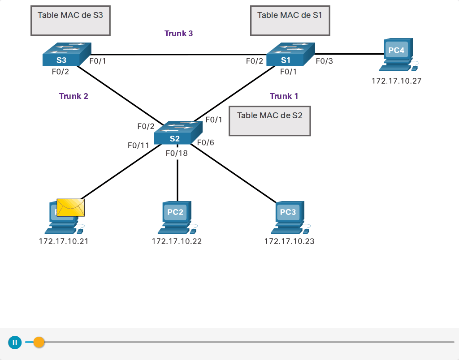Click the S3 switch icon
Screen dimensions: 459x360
tap(67, 54)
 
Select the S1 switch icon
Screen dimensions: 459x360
tap(290, 54)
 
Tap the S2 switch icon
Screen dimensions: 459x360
tap(178, 133)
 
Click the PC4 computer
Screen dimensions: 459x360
tap(398, 55)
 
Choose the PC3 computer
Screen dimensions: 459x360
tap(290, 218)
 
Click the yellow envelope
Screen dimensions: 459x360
tap(70, 208)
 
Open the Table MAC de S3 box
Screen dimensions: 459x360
tap(70, 21)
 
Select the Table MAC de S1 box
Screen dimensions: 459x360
tap(290, 21)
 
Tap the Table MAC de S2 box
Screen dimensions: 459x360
tap(269, 121)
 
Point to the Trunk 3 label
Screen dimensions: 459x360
tap(178, 33)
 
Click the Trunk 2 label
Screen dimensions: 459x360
tap(74, 96)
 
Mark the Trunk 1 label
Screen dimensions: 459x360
tap(284, 96)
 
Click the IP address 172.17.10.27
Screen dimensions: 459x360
tap(396, 81)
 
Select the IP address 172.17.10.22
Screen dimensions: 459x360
tap(177, 241)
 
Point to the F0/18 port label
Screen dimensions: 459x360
tap(177, 153)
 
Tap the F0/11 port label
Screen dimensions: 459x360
tap(139, 146)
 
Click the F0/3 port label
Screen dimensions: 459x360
tap(325, 61)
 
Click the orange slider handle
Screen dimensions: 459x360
tap(39, 342)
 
